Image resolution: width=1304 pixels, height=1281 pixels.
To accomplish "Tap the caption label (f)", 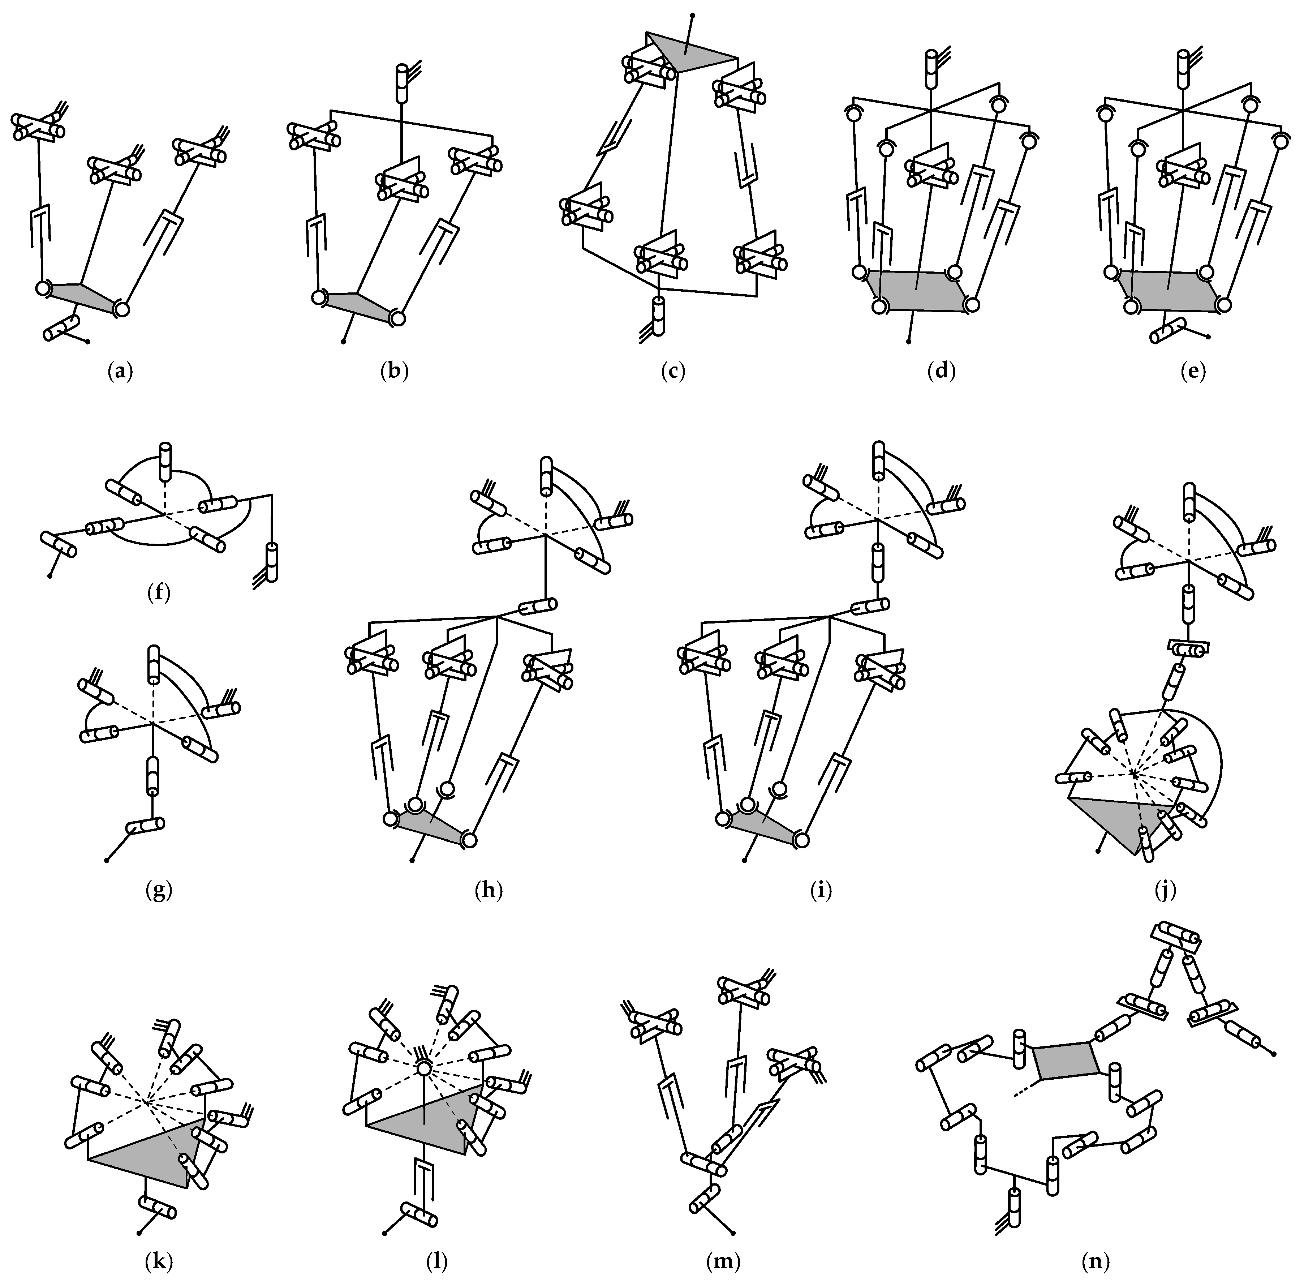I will pyautogui.click(x=159, y=593).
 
